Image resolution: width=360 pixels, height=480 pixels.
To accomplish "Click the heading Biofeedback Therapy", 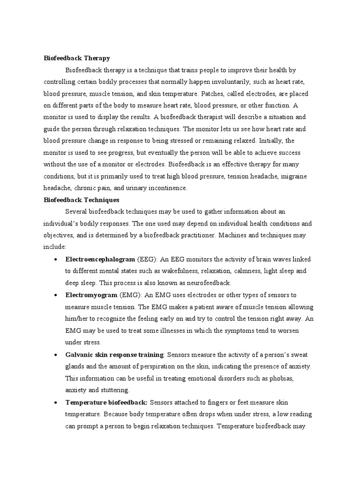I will click(76, 58).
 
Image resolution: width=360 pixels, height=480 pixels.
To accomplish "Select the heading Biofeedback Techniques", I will click(82, 200).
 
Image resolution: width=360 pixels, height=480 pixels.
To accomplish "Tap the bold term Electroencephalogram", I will click(100, 259).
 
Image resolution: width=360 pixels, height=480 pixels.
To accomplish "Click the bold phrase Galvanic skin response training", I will click(114, 354).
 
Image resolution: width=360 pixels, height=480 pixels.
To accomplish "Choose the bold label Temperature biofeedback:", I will click(106, 402).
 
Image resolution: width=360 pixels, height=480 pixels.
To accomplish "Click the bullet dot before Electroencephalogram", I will click(56, 259).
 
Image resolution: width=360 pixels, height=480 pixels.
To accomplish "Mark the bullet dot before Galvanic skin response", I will click(56, 354).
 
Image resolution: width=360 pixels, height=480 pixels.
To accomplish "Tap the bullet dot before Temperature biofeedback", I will click(56, 402).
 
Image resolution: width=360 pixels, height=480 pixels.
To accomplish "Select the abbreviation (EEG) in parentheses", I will click(147, 259).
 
